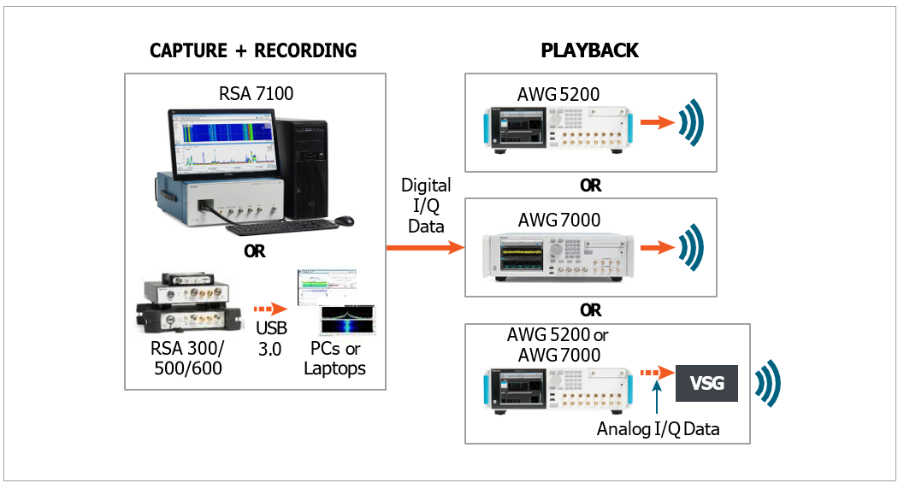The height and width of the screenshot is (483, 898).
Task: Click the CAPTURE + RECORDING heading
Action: coord(252,50)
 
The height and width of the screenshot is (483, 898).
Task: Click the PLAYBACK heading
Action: coord(589,50)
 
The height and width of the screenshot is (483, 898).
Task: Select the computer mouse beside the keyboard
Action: coord(343,221)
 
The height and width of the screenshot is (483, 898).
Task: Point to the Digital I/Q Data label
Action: coord(426,205)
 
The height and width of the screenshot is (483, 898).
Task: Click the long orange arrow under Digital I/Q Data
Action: coord(425,247)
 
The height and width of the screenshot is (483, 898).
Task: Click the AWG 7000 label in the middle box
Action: coord(558,220)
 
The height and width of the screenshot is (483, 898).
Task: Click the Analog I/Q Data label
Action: coord(658,429)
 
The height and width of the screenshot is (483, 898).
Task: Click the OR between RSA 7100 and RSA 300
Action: coord(254,251)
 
